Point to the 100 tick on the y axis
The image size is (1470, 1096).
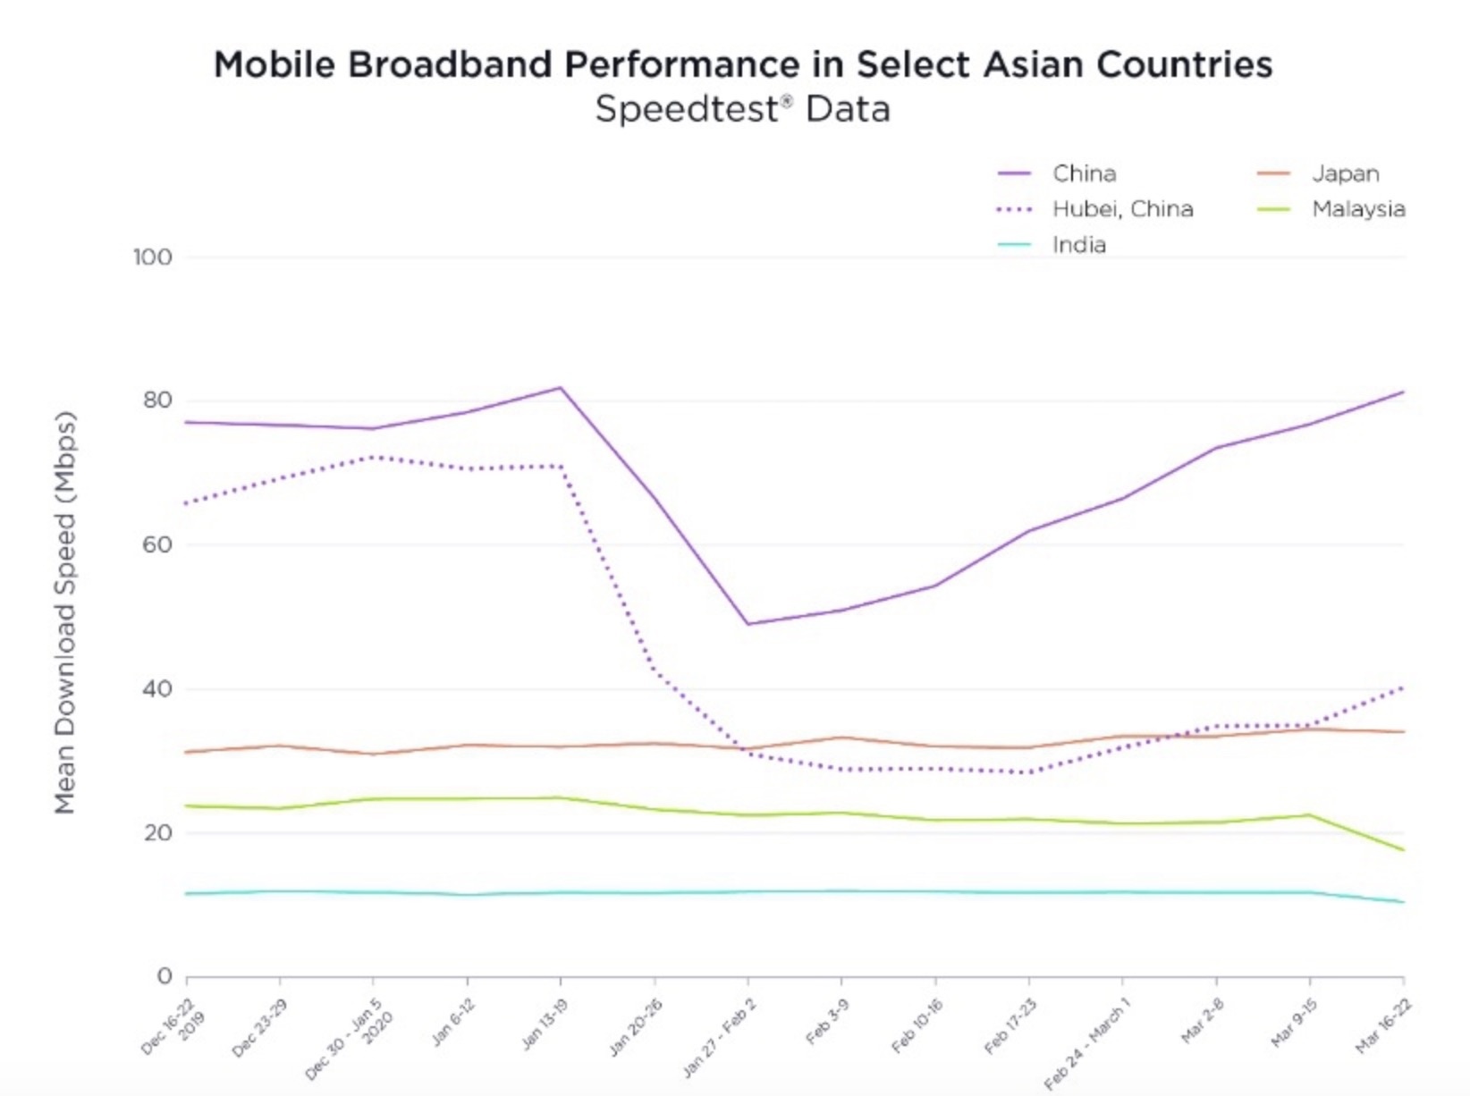(x=152, y=257)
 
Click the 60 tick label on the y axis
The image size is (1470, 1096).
(x=156, y=544)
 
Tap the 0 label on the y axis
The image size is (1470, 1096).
(x=164, y=976)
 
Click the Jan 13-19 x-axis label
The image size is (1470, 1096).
(x=544, y=1024)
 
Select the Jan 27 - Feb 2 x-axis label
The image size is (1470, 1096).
(x=720, y=1037)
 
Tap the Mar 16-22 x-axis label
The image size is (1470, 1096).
(x=1382, y=1025)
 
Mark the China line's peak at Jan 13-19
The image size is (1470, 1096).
(x=561, y=388)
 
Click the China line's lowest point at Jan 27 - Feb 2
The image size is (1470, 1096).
(x=748, y=624)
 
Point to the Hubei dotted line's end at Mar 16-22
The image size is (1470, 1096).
(x=1403, y=687)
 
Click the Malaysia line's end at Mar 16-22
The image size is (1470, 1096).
(x=1403, y=849)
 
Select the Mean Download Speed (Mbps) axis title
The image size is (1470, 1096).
(x=64, y=612)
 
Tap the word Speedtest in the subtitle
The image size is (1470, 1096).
(x=686, y=109)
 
